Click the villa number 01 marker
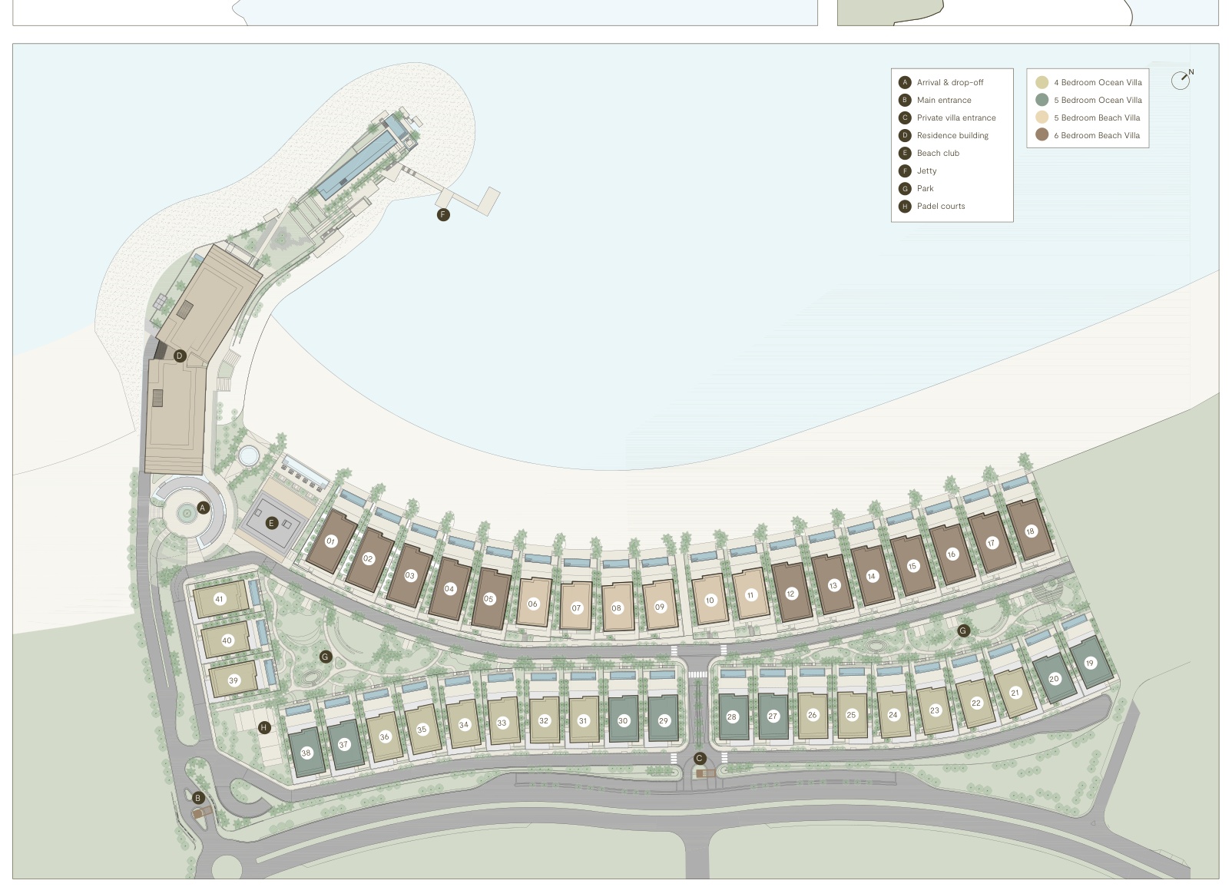coord(331,541)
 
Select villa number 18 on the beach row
coord(1031,531)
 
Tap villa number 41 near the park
coord(220,599)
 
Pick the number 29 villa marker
coord(664,720)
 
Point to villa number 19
coord(1089,663)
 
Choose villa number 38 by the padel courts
coord(306,753)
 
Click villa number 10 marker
coord(710,600)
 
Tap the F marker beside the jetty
coord(443,215)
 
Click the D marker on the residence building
coord(180,356)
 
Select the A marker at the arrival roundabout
coord(203,508)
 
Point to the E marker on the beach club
coord(271,523)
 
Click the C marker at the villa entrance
coord(699,759)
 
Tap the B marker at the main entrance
coord(197,798)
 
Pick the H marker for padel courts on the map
coord(264,727)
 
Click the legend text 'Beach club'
coord(938,153)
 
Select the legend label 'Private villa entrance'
coord(956,117)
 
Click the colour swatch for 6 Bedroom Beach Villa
coord(1042,135)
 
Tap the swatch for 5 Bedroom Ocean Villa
coord(1042,100)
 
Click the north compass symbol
coord(1181,80)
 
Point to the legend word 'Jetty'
coord(926,170)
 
